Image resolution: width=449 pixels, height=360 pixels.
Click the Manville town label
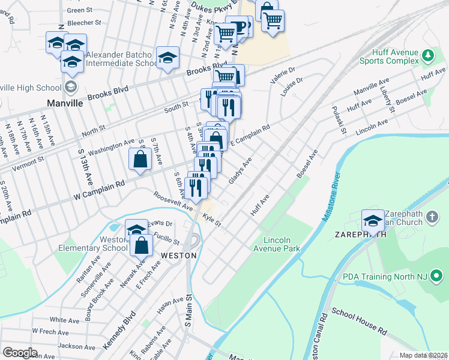(65, 103)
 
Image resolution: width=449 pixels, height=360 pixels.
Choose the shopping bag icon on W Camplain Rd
(139, 160)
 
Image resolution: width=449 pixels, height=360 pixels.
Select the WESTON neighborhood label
(179, 255)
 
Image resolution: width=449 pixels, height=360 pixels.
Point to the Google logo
(20, 352)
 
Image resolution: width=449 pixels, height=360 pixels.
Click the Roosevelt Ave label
(173, 201)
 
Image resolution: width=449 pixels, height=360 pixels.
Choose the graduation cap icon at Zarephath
(373, 221)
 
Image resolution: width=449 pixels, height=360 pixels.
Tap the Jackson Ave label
(77, 346)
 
